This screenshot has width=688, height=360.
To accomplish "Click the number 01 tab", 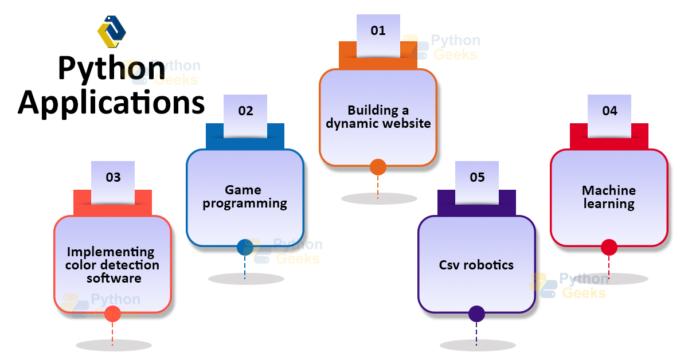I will (x=378, y=31).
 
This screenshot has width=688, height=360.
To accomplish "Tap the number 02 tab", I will (x=245, y=111).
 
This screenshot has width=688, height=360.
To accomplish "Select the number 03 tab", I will (x=113, y=178).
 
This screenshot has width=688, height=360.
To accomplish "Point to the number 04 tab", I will (x=609, y=111).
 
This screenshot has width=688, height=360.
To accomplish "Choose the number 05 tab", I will (x=477, y=178).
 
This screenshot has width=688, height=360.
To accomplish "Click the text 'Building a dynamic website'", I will (x=378, y=116).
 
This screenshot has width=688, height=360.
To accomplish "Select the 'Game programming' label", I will (x=245, y=197).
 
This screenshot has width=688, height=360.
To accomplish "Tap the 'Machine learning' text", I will (x=609, y=197).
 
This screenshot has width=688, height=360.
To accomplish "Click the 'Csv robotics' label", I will (x=476, y=265).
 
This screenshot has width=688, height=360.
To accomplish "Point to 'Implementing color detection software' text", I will (x=112, y=265).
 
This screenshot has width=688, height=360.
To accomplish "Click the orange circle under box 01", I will (x=378, y=167).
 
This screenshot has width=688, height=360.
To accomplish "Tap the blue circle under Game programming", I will (x=245, y=247).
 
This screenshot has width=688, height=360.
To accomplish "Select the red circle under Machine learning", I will (x=609, y=247).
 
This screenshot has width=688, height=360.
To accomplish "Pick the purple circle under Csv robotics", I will (x=476, y=314).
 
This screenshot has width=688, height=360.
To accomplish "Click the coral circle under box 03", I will (x=112, y=314).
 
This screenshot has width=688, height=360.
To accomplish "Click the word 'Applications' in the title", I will (x=111, y=103).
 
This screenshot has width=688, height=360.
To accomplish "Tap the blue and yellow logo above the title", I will (x=111, y=31).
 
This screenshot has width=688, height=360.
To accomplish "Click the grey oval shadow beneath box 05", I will (x=477, y=346).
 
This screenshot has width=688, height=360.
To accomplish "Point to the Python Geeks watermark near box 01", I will (x=441, y=47).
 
